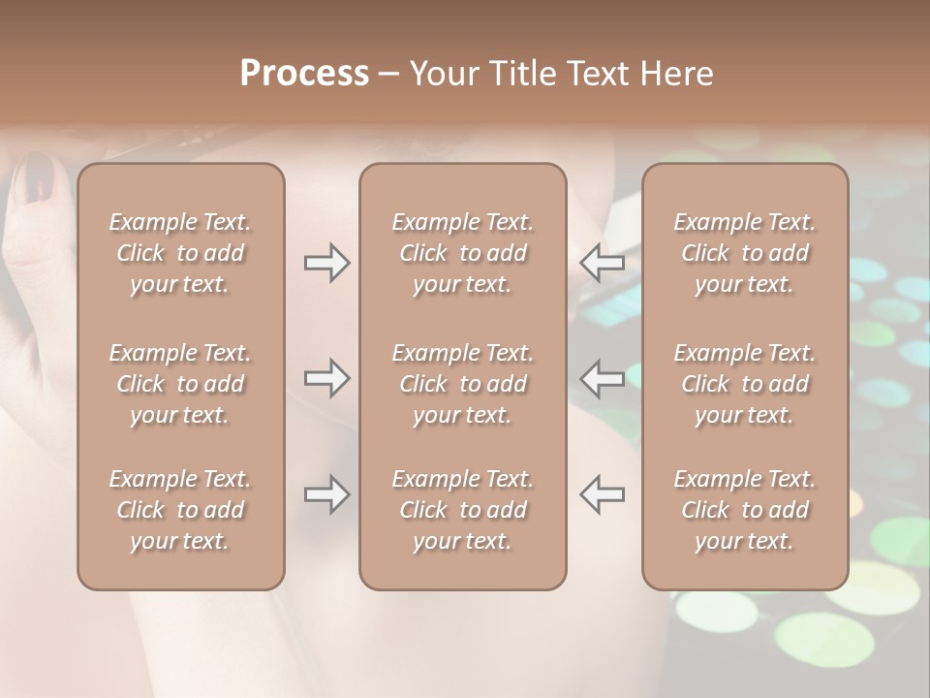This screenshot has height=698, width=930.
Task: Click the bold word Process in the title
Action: point(304,74)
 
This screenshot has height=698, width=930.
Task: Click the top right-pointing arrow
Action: point(327,263)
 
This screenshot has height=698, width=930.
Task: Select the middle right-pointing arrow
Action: point(327,378)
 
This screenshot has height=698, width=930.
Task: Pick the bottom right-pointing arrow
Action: point(327,494)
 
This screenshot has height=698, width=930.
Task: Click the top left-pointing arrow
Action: point(603,263)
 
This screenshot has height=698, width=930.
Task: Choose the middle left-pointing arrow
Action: point(603,378)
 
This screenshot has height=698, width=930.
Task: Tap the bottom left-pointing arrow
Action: point(603,494)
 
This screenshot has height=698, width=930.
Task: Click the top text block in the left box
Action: point(180,253)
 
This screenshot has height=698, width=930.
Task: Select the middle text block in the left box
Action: point(180,384)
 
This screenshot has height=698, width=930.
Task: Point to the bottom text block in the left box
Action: point(180,510)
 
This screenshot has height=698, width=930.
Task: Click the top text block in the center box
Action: point(462,253)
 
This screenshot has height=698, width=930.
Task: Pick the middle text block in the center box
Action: point(462,384)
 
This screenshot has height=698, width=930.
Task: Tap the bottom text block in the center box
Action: point(462,510)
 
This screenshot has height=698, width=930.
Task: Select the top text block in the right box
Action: point(744,253)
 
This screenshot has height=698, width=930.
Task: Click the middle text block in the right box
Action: point(744,384)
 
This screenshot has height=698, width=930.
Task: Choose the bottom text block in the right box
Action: point(744,510)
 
